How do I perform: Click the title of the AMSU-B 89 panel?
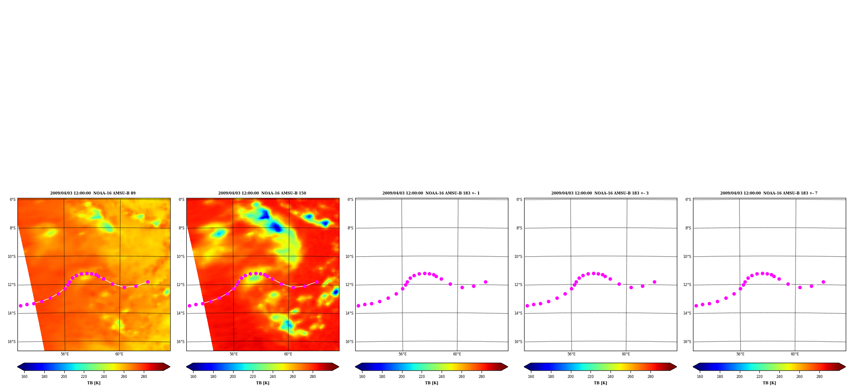click(93, 193)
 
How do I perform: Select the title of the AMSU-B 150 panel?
click(262, 193)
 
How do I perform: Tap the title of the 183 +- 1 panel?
click(431, 193)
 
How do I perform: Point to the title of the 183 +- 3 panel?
click(600, 193)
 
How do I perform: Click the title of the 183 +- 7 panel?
click(769, 193)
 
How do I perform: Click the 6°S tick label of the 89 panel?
click(13, 200)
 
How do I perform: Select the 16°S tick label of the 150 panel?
click(180, 342)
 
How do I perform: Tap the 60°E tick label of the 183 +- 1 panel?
click(457, 354)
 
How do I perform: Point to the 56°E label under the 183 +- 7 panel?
click(740, 354)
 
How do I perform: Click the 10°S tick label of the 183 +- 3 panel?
click(518, 257)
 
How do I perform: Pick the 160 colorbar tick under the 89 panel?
click(24, 377)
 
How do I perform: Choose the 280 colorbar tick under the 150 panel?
click(313, 377)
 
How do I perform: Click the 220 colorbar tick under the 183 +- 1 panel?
click(422, 377)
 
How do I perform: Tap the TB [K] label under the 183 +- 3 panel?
click(600, 383)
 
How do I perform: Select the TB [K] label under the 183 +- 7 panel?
click(769, 383)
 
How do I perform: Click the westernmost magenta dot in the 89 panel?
click(20, 306)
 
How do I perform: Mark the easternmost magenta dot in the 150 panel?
click(317, 282)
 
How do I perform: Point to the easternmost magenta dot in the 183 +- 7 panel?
click(823, 282)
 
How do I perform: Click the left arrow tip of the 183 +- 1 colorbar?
click(355, 367)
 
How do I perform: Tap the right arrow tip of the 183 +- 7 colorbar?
click(846, 367)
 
